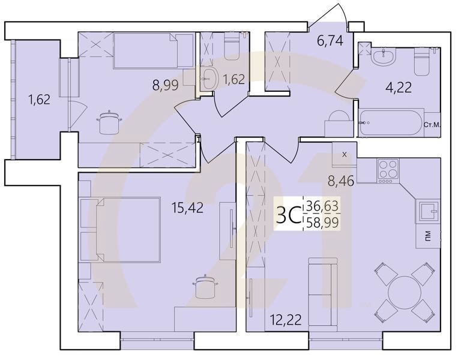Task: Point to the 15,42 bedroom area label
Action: pyautogui.click(x=187, y=208)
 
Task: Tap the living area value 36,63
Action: pyautogui.click(x=322, y=206)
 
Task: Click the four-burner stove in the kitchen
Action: pyautogui.click(x=387, y=170)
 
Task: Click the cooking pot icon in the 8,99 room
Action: pyautogui.click(x=109, y=124)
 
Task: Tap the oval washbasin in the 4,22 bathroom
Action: pyautogui.click(x=382, y=58)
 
